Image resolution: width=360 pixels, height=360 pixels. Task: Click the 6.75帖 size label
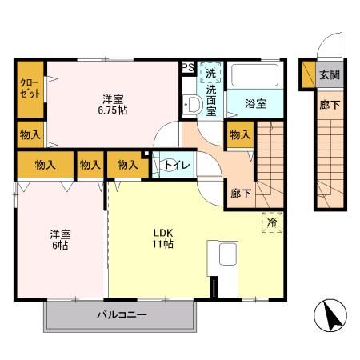point(113,109)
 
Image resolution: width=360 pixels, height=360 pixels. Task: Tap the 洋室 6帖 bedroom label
point(61,240)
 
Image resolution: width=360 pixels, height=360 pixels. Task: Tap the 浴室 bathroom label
point(254,103)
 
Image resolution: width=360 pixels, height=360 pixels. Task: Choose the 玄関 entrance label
point(329,76)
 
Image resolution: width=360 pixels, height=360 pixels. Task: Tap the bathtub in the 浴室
point(254,78)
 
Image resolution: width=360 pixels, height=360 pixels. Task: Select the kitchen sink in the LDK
point(225,258)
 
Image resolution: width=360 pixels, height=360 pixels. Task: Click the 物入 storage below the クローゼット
point(30,135)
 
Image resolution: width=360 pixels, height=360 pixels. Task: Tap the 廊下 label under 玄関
point(329,104)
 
